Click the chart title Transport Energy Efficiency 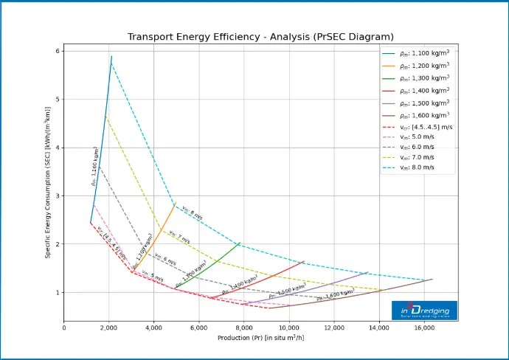tap(260, 37)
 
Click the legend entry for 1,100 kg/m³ tap(423, 54)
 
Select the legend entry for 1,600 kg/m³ tap(423, 116)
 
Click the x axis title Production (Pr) tap(260, 338)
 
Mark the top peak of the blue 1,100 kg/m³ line tap(111, 56)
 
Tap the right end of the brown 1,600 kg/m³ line tap(432, 279)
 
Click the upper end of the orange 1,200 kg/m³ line tap(175, 204)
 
